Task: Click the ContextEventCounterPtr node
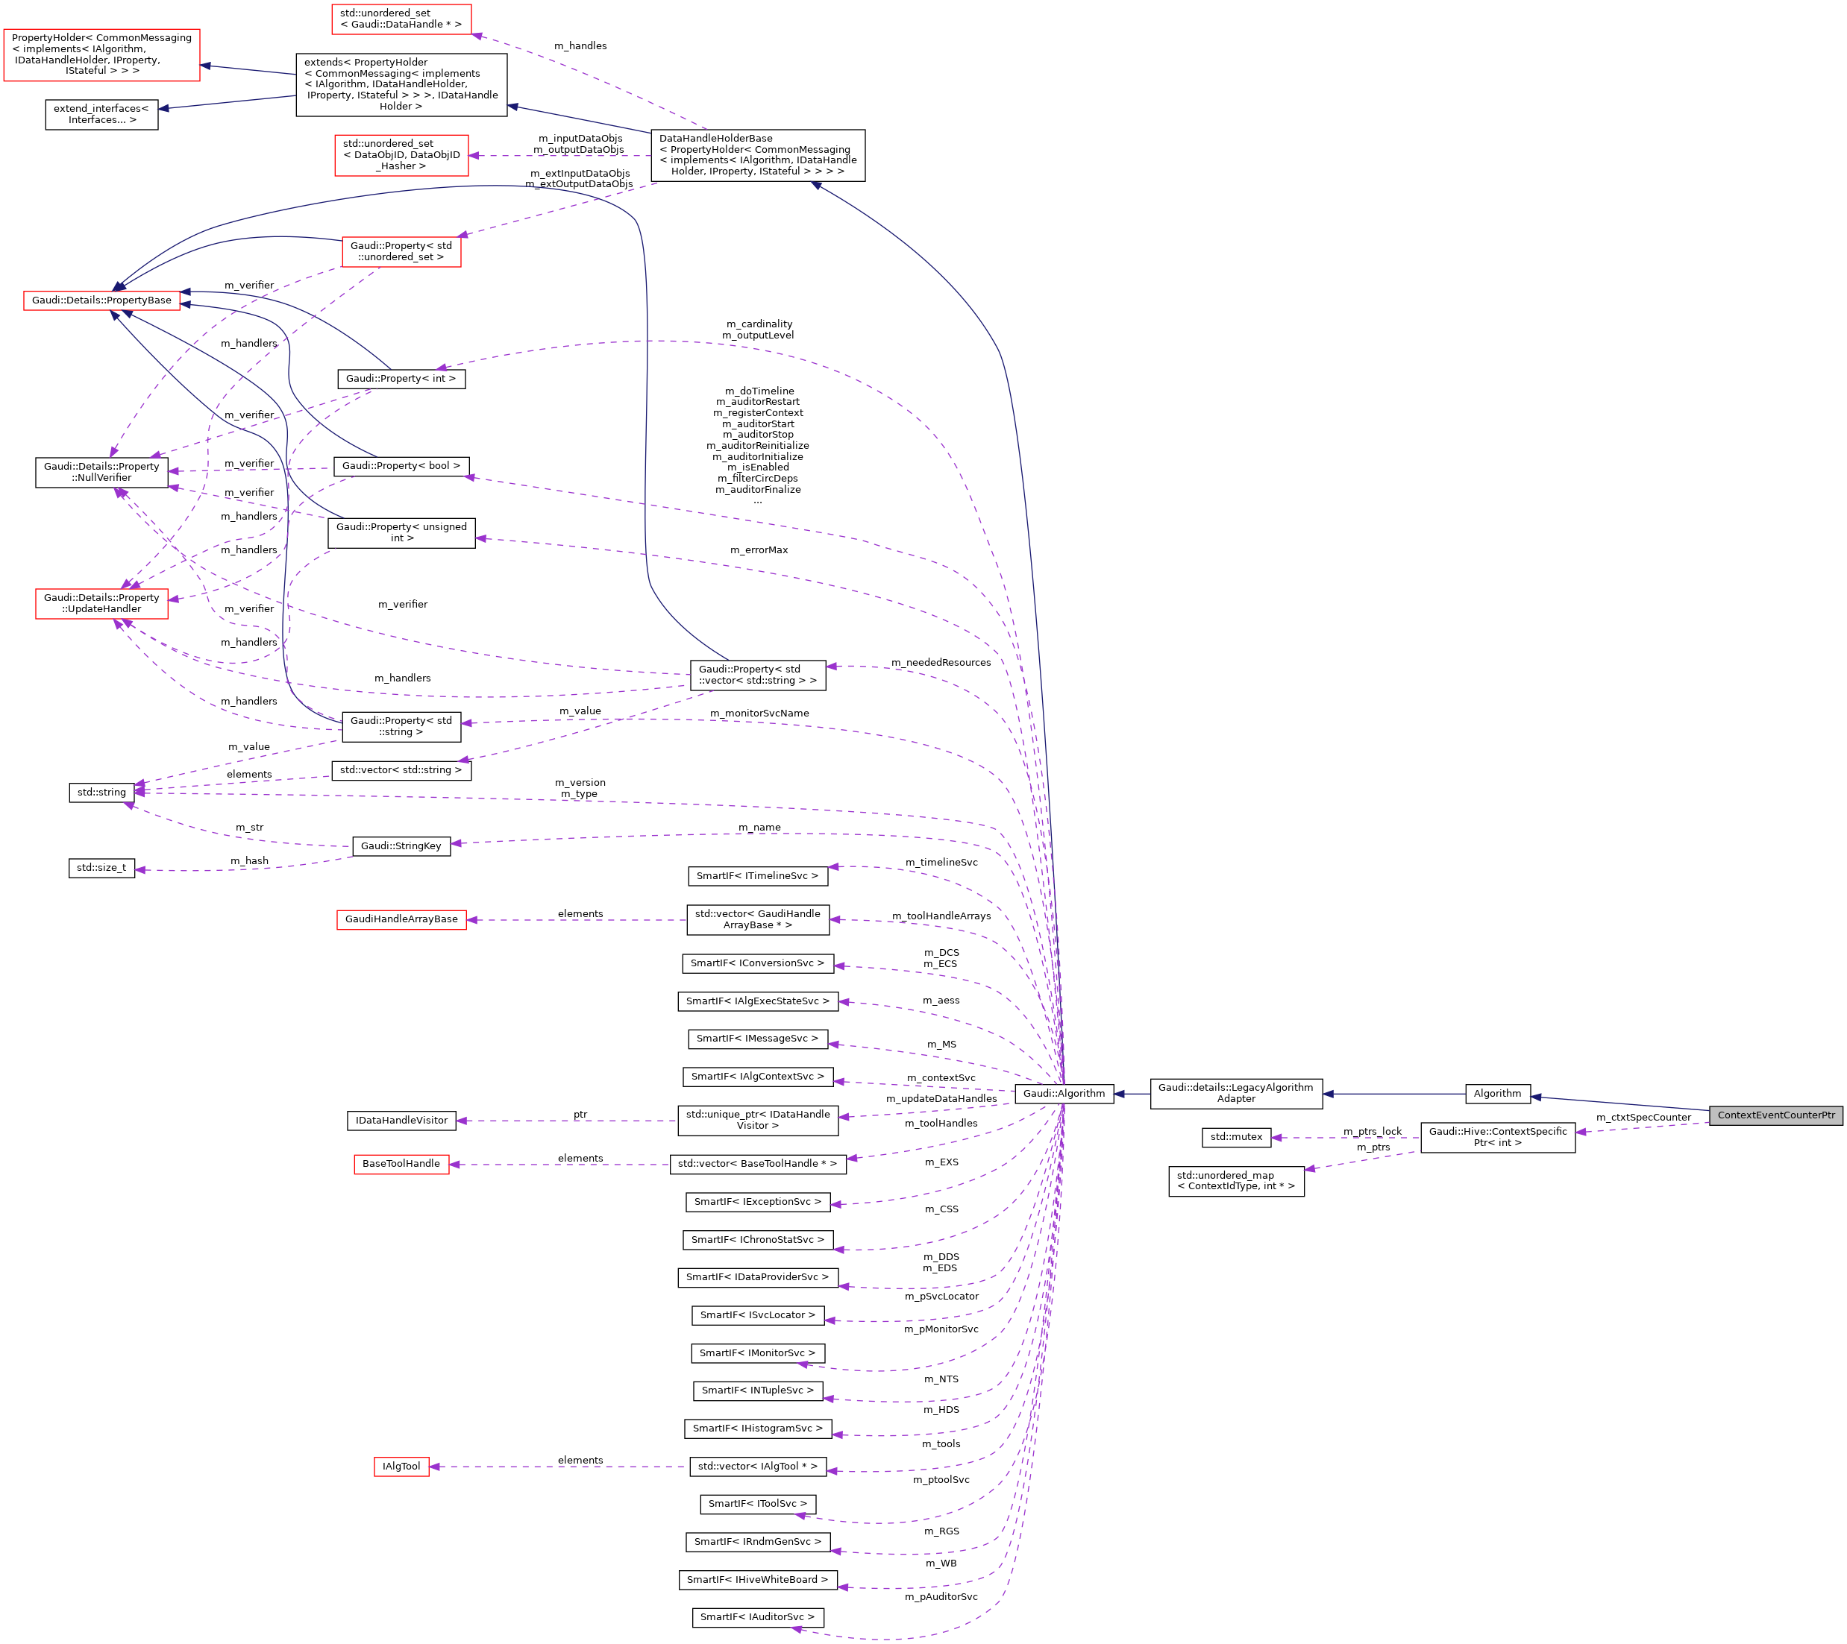point(1775,1115)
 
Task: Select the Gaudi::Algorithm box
point(1064,1093)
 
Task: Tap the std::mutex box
point(1236,1137)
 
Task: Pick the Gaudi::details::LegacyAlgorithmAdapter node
point(1235,1093)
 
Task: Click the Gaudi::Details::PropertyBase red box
point(101,300)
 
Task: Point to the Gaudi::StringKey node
point(401,845)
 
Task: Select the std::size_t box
point(101,868)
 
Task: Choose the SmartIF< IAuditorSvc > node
point(757,1617)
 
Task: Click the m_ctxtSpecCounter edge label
point(1643,1118)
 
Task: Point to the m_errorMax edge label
point(759,550)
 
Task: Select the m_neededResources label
point(941,663)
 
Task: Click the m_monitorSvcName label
point(759,714)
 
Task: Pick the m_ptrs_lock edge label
point(1372,1132)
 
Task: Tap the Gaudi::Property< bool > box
point(401,466)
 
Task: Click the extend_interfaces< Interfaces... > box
point(101,114)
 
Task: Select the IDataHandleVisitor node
point(401,1120)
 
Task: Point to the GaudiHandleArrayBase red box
point(401,919)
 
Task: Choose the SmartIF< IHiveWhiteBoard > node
point(757,1579)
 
